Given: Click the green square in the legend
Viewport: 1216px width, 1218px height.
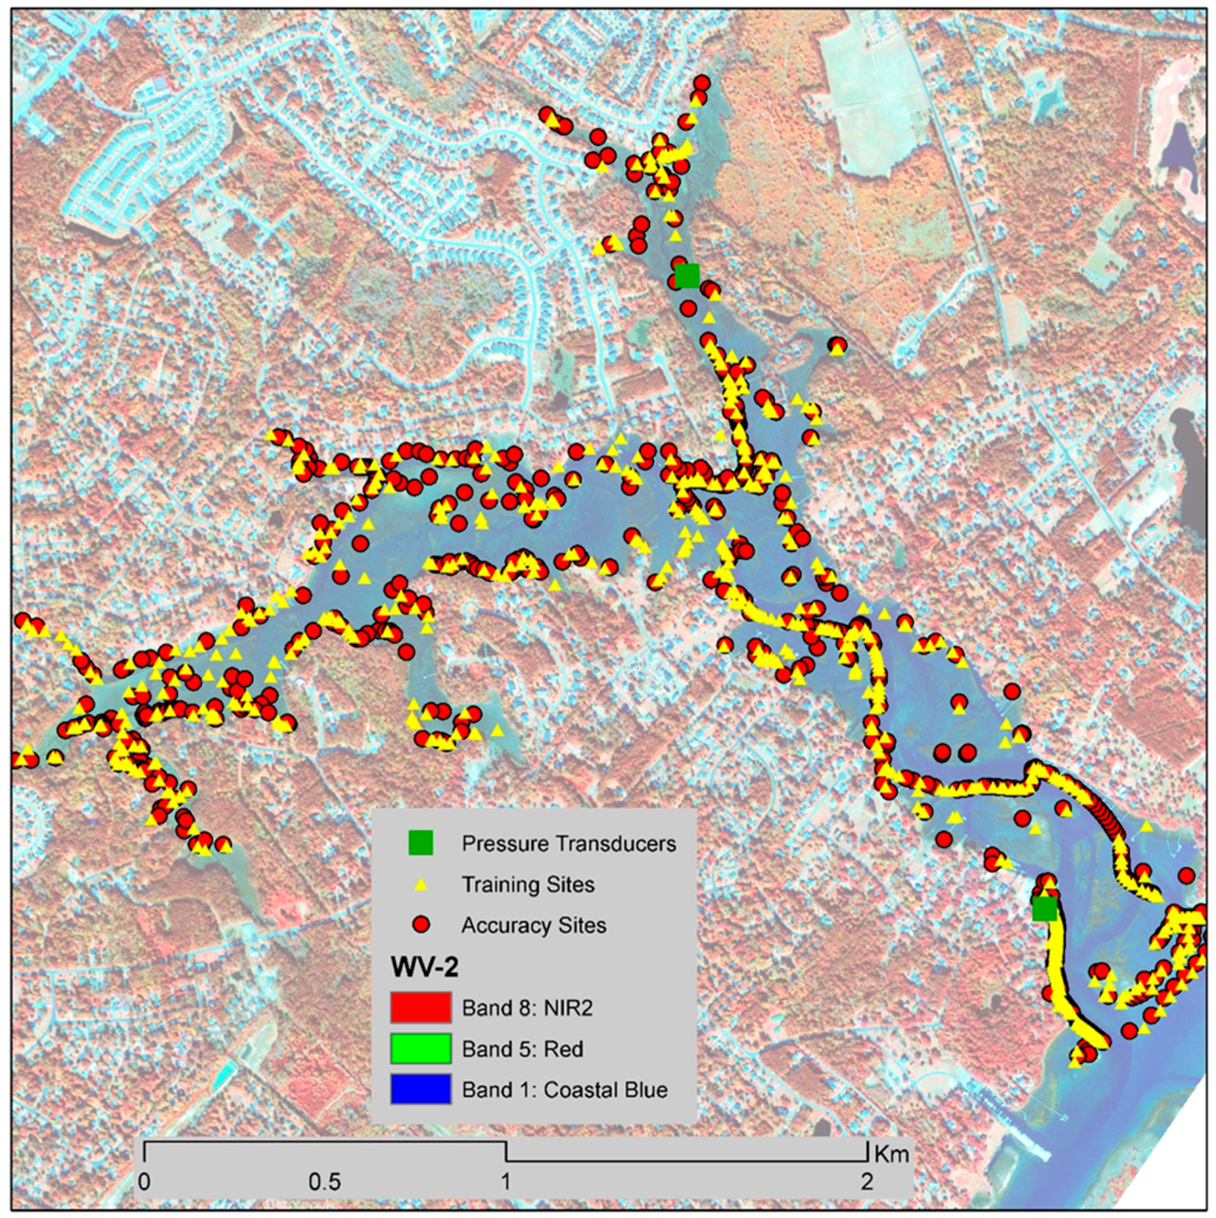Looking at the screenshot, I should (421, 843).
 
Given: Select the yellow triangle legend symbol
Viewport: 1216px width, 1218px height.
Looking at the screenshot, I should (421, 884).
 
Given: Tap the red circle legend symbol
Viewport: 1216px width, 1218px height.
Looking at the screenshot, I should (421, 925).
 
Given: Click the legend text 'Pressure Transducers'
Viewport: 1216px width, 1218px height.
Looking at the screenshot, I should (568, 843).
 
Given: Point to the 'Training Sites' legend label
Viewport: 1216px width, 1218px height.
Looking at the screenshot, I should (528, 884).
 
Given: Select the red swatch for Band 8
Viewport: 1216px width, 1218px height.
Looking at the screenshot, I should (421, 1007).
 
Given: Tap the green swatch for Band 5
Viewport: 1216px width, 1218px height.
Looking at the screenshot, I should (421, 1048).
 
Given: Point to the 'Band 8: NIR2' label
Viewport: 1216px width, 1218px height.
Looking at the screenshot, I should (527, 1007).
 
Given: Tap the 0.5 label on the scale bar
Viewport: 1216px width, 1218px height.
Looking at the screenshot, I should (325, 1181).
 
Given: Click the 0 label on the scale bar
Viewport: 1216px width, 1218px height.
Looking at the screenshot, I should (144, 1181).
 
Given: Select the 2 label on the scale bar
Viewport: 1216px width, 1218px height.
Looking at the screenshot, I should (868, 1181).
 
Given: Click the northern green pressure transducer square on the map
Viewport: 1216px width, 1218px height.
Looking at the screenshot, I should (688, 275).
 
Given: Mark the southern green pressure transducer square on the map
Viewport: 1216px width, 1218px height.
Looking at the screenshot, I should (1045, 909).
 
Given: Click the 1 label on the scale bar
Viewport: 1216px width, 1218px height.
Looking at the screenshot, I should (505, 1181).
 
